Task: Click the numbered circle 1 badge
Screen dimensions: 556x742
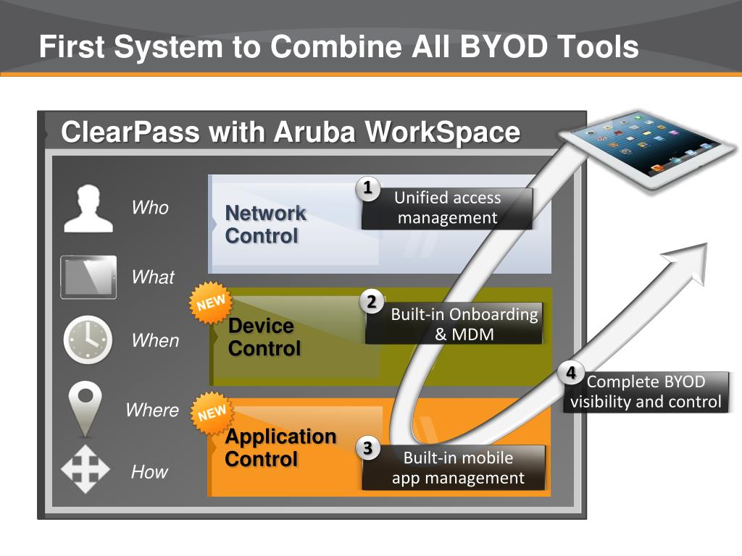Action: [367, 188]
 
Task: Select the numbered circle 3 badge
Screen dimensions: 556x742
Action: [367, 449]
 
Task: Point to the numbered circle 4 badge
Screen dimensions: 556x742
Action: [571, 374]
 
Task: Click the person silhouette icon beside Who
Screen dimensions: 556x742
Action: [88, 208]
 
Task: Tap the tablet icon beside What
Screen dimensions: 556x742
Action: [88, 277]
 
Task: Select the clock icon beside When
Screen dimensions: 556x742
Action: [88, 340]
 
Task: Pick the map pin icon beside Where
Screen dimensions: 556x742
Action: [86, 408]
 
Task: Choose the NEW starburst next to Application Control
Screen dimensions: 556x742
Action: [212, 413]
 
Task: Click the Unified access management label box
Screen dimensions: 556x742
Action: [447, 208]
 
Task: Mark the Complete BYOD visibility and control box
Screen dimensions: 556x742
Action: [646, 392]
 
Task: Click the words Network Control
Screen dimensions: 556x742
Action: [265, 224]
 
